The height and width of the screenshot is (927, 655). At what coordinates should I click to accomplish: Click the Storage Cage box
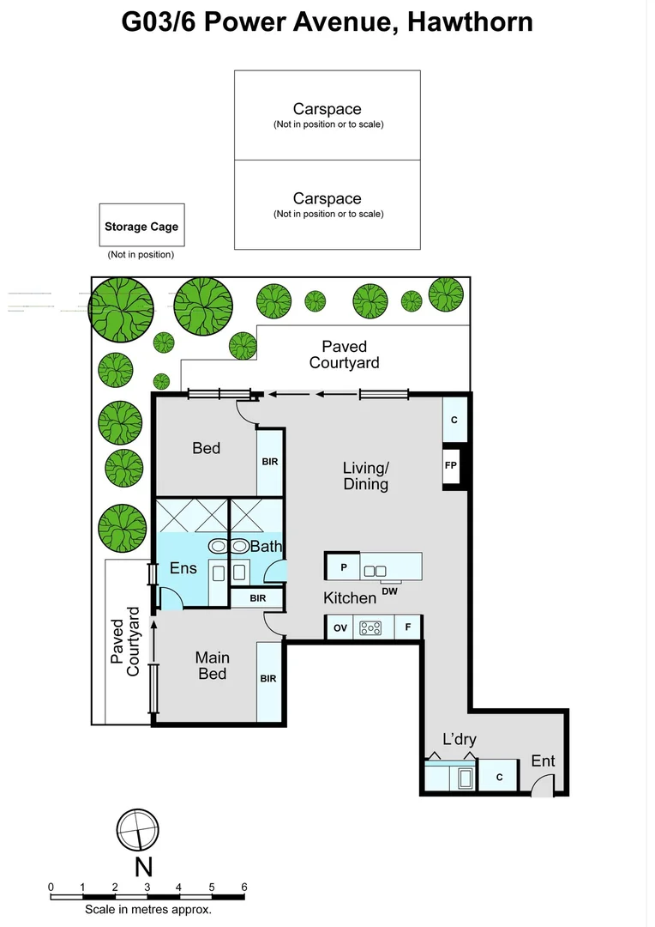pyautogui.click(x=141, y=227)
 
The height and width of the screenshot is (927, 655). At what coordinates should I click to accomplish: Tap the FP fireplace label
pyautogui.click(x=451, y=466)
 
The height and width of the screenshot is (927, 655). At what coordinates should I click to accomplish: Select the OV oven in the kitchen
pyautogui.click(x=340, y=628)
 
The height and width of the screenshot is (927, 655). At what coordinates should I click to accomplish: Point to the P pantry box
pyautogui.click(x=343, y=567)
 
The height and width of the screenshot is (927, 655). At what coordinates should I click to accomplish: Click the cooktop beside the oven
pyautogui.click(x=370, y=628)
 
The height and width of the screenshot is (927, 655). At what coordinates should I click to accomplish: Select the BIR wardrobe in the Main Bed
pyautogui.click(x=268, y=679)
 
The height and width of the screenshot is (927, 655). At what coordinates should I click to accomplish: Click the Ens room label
pyautogui.click(x=183, y=567)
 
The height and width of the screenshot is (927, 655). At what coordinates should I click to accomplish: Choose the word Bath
pyautogui.click(x=266, y=546)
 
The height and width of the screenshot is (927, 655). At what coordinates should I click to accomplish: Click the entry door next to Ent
pyautogui.click(x=543, y=785)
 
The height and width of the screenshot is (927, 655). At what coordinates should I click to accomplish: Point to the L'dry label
pyautogui.click(x=459, y=739)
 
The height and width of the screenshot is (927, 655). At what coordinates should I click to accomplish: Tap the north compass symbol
pyautogui.click(x=137, y=832)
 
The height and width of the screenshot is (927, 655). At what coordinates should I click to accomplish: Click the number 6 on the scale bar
pyautogui.click(x=244, y=887)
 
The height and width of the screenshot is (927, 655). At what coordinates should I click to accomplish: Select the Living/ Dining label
pyautogui.click(x=366, y=476)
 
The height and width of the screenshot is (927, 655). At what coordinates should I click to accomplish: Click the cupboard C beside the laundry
pyautogui.click(x=499, y=777)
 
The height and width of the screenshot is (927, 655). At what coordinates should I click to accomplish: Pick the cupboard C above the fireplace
pyautogui.click(x=454, y=420)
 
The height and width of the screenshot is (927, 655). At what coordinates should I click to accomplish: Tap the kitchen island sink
pyautogui.click(x=376, y=570)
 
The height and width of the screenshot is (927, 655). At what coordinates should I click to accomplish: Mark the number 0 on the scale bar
pyautogui.click(x=51, y=887)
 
